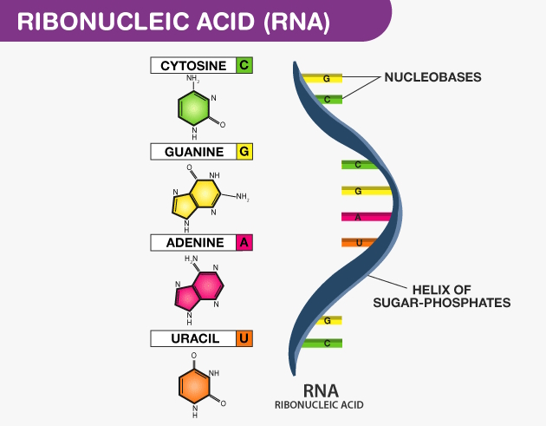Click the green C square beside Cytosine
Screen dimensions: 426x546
pyautogui.click(x=244, y=65)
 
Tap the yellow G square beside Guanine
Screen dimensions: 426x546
pyautogui.click(x=244, y=152)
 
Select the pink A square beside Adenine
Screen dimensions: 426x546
pyautogui.click(x=244, y=243)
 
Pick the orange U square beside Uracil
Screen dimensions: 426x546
pyautogui.click(x=244, y=338)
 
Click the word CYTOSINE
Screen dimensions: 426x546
pyautogui.click(x=193, y=65)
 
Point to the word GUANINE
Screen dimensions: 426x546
pyautogui.click(x=194, y=152)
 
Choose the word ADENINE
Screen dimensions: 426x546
pyautogui.click(x=194, y=243)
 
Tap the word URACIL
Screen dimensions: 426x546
pyautogui.click(x=194, y=338)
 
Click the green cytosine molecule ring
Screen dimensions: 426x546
pyautogui.click(x=193, y=108)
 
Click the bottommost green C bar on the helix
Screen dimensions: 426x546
pyautogui.click(x=325, y=344)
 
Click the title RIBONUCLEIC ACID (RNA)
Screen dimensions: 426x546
pyautogui.click(x=173, y=22)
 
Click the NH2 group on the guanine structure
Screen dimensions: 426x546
pyautogui.click(x=242, y=198)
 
